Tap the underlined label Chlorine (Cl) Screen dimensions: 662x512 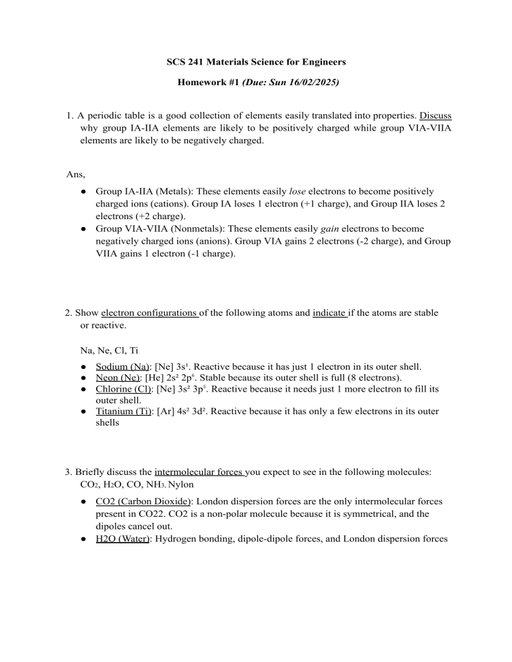(x=123, y=392)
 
